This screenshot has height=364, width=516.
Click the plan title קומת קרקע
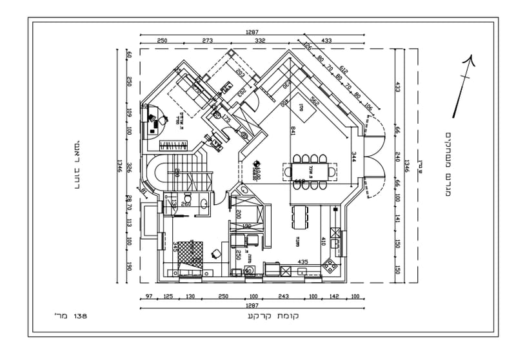pyautogui.click(x=272, y=316)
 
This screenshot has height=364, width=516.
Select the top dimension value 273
pyautogui.click(x=207, y=41)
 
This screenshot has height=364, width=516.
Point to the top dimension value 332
pyautogui.click(x=260, y=41)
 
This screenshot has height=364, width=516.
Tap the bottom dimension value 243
pyautogui.click(x=283, y=297)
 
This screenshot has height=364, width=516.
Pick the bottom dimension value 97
pyautogui.click(x=149, y=297)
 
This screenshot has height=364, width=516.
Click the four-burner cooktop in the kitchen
pyautogui.click(x=330, y=264)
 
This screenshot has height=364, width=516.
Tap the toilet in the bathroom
pyautogui.click(x=188, y=198)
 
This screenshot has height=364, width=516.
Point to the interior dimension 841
pyautogui.click(x=293, y=131)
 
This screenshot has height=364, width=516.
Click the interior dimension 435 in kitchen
pyautogui.click(x=302, y=262)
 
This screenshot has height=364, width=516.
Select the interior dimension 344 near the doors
pyautogui.click(x=353, y=156)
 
